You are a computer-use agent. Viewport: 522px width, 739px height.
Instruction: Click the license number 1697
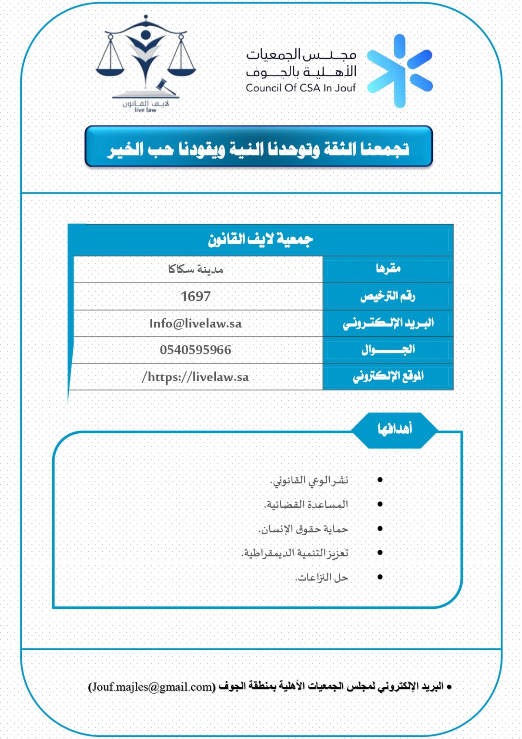pyautogui.click(x=196, y=297)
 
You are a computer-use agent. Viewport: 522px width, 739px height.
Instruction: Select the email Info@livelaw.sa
pyautogui.click(x=195, y=324)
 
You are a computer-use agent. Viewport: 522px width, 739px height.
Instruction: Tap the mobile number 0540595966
pyautogui.click(x=195, y=350)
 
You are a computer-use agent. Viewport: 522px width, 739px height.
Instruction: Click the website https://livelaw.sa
pyautogui.click(x=195, y=377)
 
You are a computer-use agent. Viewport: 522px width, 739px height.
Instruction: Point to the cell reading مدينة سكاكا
pyautogui.click(x=195, y=270)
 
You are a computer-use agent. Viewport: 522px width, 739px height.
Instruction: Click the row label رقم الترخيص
pyautogui.click(x=388, y=297)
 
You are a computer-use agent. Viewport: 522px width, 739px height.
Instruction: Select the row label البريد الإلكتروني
pyautogui.click(x=388, y=323)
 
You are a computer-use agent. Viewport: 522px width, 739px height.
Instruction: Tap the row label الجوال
pyautogui.click(x=388, y=350)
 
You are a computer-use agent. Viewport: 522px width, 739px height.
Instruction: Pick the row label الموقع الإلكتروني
pyautogui.click(x=388, y=376)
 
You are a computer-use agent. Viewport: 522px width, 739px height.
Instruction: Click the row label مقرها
pyautogui.click(x=388, y=269)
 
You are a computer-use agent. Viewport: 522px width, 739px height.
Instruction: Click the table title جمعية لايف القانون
pyautogui.click(x=260, y=240)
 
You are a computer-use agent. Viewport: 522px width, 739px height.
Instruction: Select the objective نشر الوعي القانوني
pyautogui.click(x=309, y=480)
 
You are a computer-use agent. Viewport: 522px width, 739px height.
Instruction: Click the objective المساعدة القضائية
pyautogui.click(x=306, y=505)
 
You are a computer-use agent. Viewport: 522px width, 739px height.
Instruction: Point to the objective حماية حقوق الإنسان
pyautogui.click(x=304, y=529)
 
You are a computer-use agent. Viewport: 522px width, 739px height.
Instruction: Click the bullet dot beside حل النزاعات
pyautogui.click(x=380, y=577)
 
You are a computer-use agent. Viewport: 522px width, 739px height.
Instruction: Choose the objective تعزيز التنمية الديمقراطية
pyautogui.click(x=295, y=553)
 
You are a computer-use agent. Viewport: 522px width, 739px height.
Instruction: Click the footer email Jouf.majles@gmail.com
pyautogui.click(x=152, y=687)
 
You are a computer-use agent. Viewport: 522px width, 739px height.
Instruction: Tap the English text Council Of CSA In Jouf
pyautogui.click(x=301, y=88)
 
